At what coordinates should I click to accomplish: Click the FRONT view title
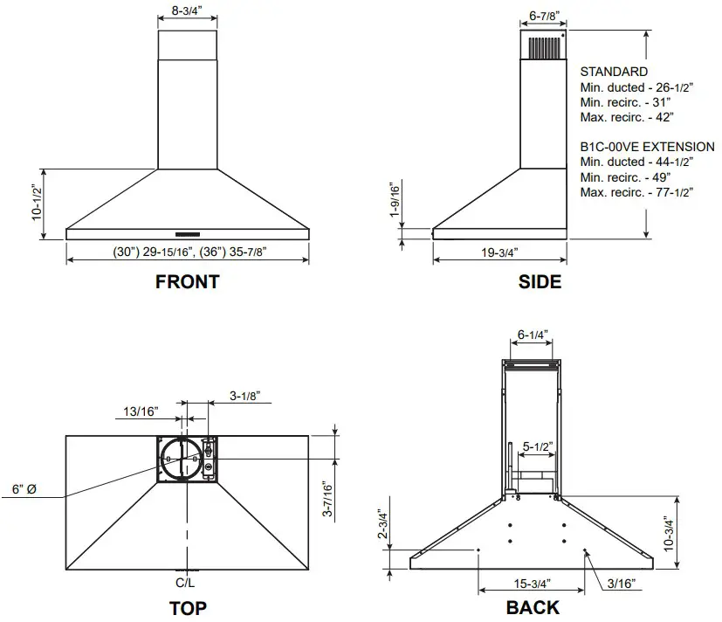[x=187, y=281]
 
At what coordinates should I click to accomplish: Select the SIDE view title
[x=540, y=281]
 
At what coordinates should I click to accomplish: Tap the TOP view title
[x=187, y=608]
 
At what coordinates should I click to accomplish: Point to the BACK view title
[x=533, y=608]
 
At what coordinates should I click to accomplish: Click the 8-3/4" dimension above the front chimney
[x=187, y=11]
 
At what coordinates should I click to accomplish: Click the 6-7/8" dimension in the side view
[x=544, y=16]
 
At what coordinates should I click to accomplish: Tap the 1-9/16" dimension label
[x=395, y=202]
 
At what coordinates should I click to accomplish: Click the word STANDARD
[x=614, y=72]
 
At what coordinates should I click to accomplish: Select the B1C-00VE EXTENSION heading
[x=647, y=147]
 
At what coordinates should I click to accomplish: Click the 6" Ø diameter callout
[x=24, y=490]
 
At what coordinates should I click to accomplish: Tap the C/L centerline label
[x=186, y=582]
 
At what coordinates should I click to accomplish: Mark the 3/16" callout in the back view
[x=621, y=583]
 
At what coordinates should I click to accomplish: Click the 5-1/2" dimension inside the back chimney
[x=539, y=446]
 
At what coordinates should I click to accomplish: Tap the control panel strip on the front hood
[x=188, y=234]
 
